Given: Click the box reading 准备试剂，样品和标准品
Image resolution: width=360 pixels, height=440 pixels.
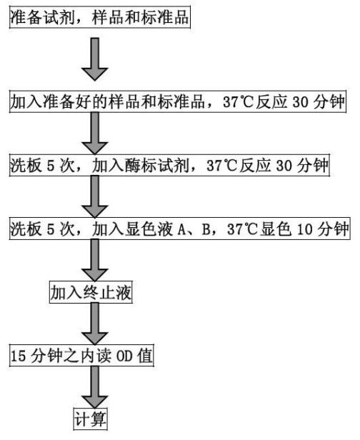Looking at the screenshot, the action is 100,18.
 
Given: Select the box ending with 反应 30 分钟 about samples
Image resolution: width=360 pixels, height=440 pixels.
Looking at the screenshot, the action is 178,101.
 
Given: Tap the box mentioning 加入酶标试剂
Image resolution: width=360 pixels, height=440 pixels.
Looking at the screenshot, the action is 169,165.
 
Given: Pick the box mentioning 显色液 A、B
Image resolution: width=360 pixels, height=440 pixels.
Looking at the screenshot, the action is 180,229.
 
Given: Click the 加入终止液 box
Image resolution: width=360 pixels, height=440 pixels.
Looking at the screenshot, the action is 91,292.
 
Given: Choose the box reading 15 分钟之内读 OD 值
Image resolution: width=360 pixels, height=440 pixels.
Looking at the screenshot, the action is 81,356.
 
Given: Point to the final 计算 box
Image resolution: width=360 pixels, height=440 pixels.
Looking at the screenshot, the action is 90,419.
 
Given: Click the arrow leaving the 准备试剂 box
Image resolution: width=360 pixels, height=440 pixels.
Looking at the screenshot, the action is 95,59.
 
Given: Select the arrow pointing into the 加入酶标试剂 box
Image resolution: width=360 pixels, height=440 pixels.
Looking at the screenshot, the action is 95,134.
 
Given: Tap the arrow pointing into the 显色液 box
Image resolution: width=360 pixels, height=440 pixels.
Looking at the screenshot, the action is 95,197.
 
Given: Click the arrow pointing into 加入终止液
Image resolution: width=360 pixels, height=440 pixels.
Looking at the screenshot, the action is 95,261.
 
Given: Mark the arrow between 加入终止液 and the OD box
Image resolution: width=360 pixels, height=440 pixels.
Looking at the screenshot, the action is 95,324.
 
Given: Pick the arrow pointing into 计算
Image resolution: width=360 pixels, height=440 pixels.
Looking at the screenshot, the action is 95,388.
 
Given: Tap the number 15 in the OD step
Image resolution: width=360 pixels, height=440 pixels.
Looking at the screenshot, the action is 19,356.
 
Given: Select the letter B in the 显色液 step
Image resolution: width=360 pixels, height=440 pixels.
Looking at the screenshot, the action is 206,229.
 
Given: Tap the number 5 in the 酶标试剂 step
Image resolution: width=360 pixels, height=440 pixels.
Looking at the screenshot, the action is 50,166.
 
